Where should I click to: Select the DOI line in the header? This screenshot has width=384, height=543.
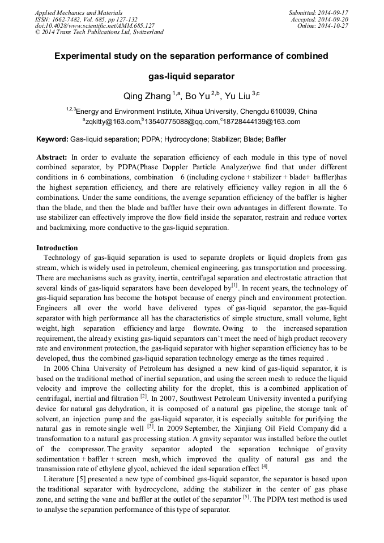click(x=95, y=25)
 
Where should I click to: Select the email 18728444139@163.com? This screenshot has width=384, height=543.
click(x=261, y=122)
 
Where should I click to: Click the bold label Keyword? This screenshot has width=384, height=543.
click(x=52, y=139)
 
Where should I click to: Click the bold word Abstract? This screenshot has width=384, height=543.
click(x=52, y=157)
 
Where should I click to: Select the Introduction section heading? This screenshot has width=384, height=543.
click(x=57, y=248)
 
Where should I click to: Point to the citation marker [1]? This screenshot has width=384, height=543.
click(x=234, y=285)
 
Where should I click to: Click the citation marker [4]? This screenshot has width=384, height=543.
click(x=264, y=467)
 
